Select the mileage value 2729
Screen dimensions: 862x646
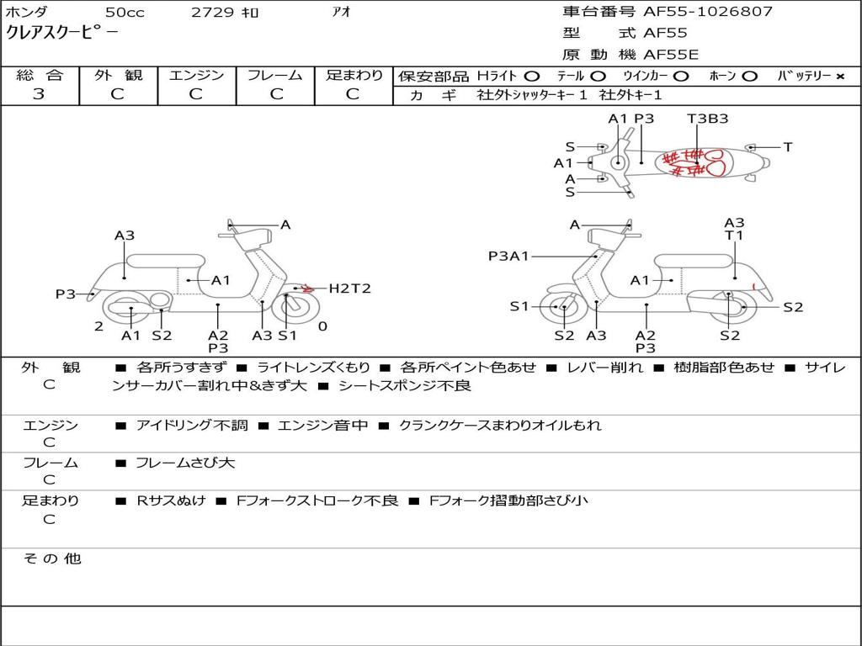point(212,13)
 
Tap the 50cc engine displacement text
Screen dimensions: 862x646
point(124,13)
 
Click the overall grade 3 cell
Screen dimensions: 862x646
point(39,94)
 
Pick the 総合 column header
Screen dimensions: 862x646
point(39,76)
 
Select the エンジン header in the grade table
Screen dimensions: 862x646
point(195,76)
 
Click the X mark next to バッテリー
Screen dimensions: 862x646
point(839,77)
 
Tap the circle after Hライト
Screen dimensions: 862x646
point(531,77)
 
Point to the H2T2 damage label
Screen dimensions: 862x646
point(349,289)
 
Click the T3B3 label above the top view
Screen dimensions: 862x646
point(707,119)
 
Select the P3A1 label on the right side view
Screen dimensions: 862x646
point(508,256)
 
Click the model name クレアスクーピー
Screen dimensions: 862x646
point(62,34)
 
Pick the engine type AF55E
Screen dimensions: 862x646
point(671,55)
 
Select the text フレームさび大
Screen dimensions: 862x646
point(185,463)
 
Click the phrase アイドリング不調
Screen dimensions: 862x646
point(192,426)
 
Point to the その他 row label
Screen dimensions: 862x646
point(51,559)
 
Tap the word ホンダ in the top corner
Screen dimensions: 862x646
point(26,13)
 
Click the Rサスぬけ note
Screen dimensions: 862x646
point(171,500)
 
